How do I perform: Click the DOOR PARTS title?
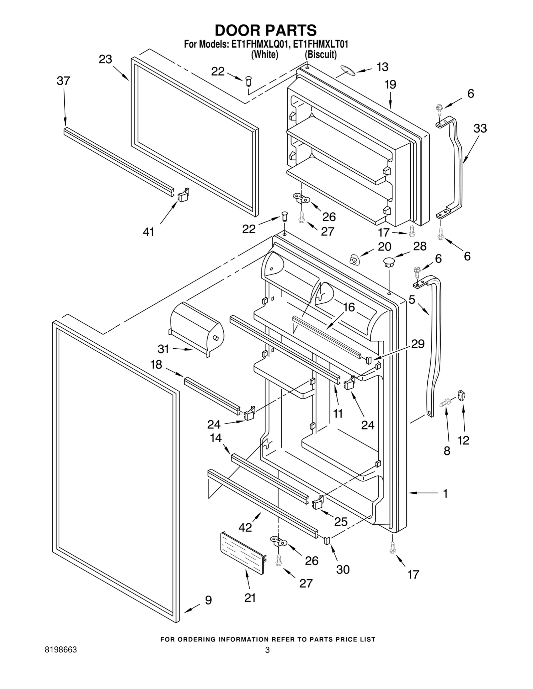(x=266, y=30)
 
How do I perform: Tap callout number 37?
(x=63, y=81)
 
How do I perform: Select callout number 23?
(x=105, y=60)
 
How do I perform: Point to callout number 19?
(x=390, y=85)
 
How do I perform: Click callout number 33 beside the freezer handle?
(x=480, y=128)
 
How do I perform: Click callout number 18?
(x=156, y=365)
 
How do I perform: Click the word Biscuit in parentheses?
(x=321, y=55)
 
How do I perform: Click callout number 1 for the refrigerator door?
(x=445, y=493)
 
